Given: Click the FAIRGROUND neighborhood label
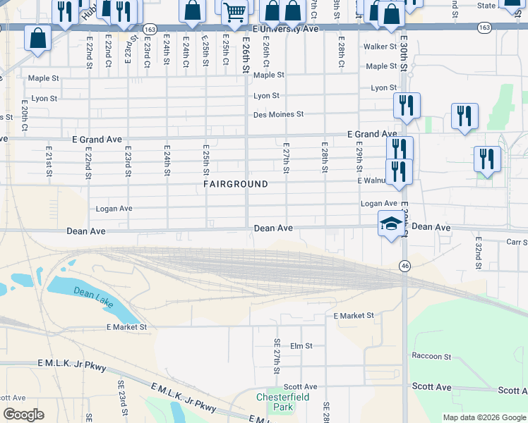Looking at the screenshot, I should coord(236,184).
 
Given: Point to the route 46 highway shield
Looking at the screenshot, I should coord(404,266).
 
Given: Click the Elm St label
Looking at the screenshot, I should coord(301,346).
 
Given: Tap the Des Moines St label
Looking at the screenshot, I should coord(278,114).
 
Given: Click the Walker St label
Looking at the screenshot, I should coord(380,47).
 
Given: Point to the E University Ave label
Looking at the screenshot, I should coord(285,30).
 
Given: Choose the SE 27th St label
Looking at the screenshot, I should coord(277,356).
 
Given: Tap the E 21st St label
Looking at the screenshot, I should coord(49,161).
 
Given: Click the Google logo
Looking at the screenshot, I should coord(24,415).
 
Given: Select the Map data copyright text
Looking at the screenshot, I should coord(484,417).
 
